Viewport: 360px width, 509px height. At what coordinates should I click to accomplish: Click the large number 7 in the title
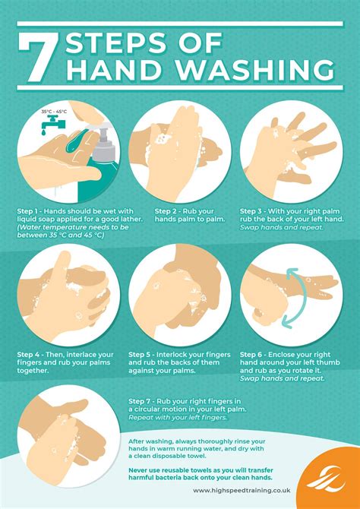[x=39, y=57]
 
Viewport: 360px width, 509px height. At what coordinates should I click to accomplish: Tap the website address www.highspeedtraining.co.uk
[x=243, y=490]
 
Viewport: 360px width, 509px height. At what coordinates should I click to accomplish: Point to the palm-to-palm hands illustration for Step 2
[x=180, y=149]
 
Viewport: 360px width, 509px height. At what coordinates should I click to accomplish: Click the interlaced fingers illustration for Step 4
[x=68, y=292]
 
